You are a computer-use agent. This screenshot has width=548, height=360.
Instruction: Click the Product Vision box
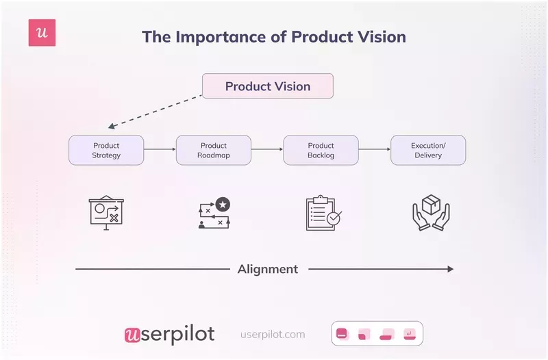tap(267, 86)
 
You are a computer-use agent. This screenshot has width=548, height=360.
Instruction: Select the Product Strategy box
tap(106, 150)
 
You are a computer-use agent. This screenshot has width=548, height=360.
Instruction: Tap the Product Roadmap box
tap(214, 150)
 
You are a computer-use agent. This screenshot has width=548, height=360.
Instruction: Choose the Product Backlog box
tap(321, 150)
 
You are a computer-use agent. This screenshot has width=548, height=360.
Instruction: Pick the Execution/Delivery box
tap(428, 150)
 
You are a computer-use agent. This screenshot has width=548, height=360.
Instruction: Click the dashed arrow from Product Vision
tap(156, 111)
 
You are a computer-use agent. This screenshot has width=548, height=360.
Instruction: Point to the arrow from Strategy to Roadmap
tap(160, 149)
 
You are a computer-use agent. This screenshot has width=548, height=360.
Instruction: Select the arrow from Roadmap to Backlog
tap(267, 149)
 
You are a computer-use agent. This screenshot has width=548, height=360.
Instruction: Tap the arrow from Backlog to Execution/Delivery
tap(375, 149)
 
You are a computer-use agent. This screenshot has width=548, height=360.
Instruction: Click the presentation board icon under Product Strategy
tap(106, 213)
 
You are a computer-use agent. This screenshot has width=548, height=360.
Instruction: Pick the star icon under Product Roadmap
tap(222, 204)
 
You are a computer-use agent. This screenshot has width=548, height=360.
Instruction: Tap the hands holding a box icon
tap(429, 213)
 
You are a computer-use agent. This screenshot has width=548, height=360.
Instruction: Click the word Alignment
tap(268, 269)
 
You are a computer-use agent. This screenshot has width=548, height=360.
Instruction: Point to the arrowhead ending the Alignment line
tap(450, 269)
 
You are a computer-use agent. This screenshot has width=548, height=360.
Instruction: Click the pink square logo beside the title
tap(42, 33)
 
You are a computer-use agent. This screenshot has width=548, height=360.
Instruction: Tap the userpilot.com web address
tap(273, 335)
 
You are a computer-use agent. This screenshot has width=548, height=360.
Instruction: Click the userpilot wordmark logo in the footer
tap(169, 334)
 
